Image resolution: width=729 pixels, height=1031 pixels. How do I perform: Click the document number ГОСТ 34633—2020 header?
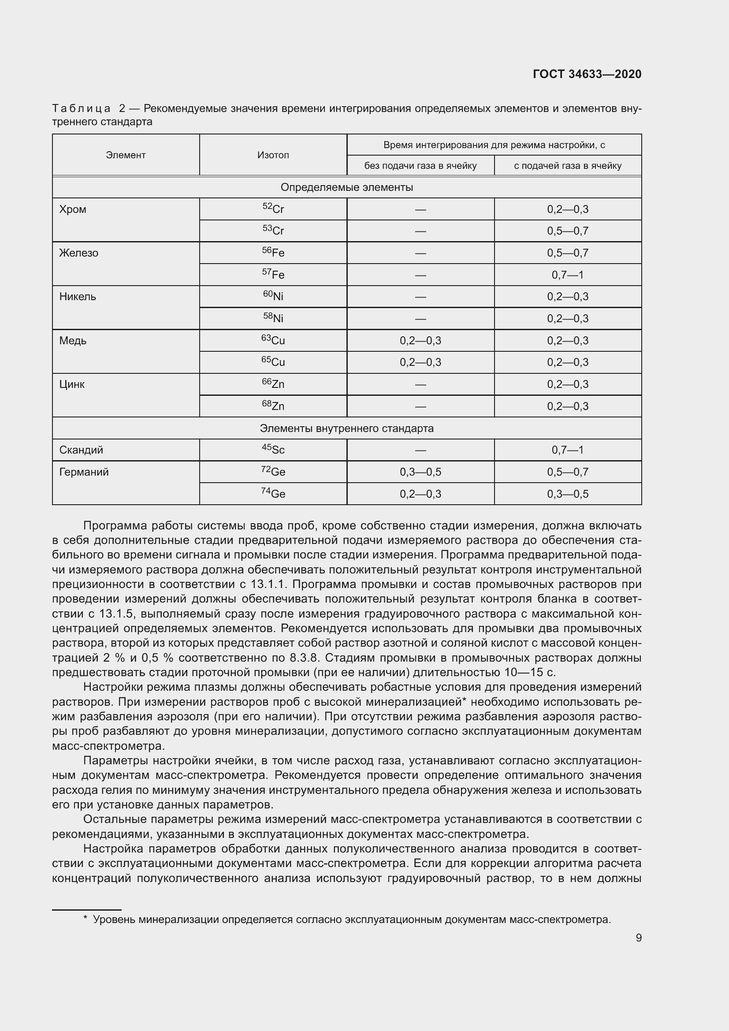[587, 74]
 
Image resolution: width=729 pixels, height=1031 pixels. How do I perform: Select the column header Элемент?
[126, 155]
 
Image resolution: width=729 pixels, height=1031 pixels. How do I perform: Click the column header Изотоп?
[273, 155]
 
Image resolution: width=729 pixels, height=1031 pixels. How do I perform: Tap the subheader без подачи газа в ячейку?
[420, 166]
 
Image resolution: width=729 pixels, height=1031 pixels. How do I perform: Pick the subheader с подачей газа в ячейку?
[567, 166]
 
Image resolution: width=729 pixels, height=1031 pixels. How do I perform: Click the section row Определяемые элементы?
[346, 187]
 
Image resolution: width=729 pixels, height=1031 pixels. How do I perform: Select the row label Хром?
[73, 209]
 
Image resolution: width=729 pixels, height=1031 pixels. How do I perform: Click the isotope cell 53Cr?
[273, 231]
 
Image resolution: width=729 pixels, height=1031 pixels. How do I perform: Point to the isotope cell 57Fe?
[273, 274]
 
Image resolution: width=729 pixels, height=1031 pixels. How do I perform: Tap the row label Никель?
[78, 296]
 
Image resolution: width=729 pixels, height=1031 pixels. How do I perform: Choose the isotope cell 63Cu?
[273, 340]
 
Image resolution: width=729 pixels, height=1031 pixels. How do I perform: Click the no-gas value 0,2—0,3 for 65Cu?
[420, 362]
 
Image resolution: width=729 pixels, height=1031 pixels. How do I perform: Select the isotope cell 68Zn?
[273, 406]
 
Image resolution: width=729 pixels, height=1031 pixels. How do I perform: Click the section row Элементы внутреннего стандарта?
[346, 428]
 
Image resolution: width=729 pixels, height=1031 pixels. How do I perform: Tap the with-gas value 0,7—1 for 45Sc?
[567, 450]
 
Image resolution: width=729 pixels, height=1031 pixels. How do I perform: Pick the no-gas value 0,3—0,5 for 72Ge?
[420, 472]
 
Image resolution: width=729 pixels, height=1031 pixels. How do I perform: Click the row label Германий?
[84, 472]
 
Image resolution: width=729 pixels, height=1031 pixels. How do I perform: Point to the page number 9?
[638, 938]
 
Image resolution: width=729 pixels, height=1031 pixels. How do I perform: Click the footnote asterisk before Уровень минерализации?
[86, 919]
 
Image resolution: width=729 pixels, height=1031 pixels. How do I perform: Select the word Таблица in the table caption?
[81, 109]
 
